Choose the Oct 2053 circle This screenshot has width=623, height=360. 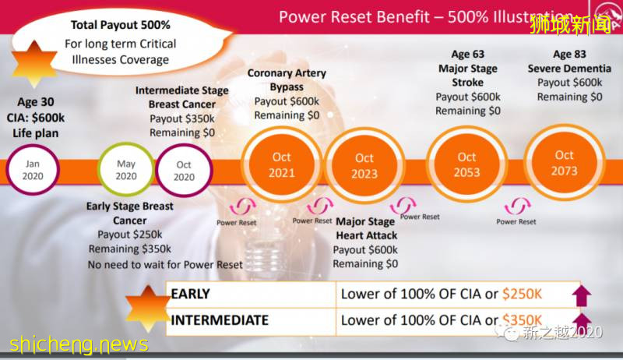[x=467, y=164]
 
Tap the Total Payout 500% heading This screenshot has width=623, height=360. [x=116, y=25]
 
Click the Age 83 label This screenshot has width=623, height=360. [x=572, y=55]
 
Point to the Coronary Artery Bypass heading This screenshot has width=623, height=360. [x=287, y=79]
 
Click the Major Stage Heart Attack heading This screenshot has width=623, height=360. [x=366, y=228]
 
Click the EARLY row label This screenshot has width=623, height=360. [x=191, y=295]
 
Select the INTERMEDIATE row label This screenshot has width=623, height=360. [x=220, y=320]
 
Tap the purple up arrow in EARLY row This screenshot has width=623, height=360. [x=581, y=295]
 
